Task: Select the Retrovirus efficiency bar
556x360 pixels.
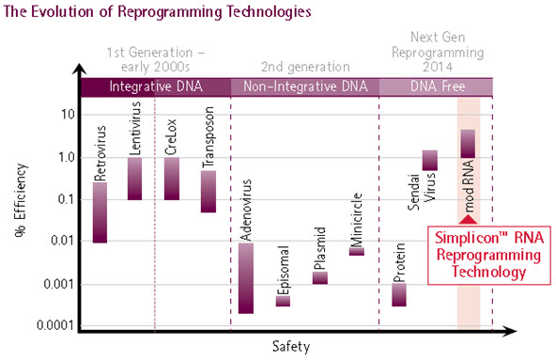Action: [100, 211]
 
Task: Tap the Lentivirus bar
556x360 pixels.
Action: [134, 178]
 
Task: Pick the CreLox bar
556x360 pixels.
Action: [171, 178]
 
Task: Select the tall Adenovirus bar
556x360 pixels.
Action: [245, 277]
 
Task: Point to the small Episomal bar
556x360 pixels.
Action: [283, 300]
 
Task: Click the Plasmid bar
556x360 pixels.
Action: [320, 277]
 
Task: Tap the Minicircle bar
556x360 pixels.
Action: [357, 251]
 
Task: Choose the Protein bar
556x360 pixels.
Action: [399, 294]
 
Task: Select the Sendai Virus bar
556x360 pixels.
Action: [430, 160]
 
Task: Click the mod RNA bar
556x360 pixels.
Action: [468, 142]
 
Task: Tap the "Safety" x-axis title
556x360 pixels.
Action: [291, 346]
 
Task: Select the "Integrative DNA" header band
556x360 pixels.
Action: [156, 86]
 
